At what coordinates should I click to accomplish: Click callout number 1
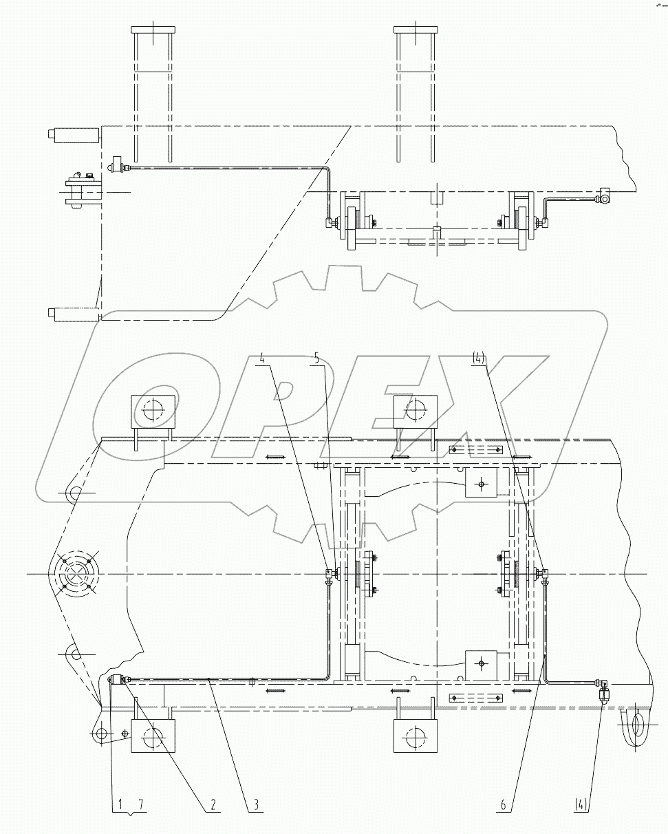[x=120, y=804]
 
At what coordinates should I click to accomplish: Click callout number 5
[x=316, y=359]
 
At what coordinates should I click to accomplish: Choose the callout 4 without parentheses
[x=262, y=359]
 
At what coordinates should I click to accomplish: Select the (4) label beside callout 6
[x=581, y=804]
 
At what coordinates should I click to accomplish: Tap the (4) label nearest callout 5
[x=479, y=359]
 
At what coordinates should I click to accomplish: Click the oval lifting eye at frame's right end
[x=637, y=725]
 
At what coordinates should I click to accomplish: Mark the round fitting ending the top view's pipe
[x=604, y=200]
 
